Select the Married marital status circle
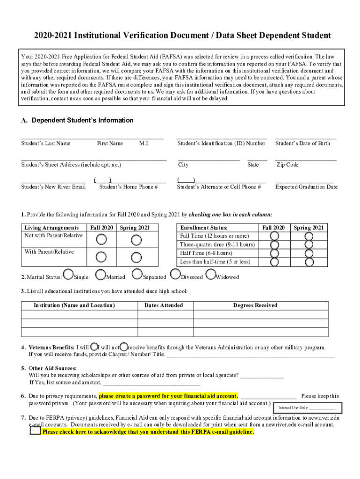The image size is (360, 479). (x=100, y=274)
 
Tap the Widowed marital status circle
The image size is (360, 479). (x=211, y=274)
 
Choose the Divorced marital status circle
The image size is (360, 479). (x=175, y=274)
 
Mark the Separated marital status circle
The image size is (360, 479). (x=137, y=274)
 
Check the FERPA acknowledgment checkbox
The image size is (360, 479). (x=35, y=431)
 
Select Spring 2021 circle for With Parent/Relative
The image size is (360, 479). (x=136, y=257)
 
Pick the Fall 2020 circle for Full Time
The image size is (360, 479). (x=274, y=236)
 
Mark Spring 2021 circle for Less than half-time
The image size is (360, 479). (x=309, y=262)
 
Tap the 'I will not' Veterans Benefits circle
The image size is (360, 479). (x=124, y=347)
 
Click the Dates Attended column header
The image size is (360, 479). (x=164, y=305)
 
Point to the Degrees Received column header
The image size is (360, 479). (x=255, y=305)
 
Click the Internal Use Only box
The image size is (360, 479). (x=307, y=407)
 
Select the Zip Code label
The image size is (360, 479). (x=288, y=165)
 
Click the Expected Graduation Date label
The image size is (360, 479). (x=306, y=187)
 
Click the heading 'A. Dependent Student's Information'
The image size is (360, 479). (x=77, y=120)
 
